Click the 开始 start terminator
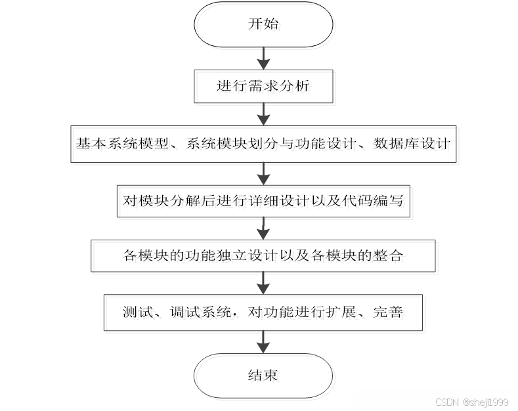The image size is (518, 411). point(263,25)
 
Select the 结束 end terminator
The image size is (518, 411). point(263,376)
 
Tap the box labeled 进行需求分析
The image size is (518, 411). point(263,87)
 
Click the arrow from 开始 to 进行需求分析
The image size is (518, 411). point(263,58)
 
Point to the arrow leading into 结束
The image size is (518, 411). point(263,342)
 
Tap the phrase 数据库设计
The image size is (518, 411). point(412,143)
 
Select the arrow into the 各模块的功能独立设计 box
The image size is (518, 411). point(263,230)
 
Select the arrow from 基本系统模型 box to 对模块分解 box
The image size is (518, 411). point(263,174)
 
